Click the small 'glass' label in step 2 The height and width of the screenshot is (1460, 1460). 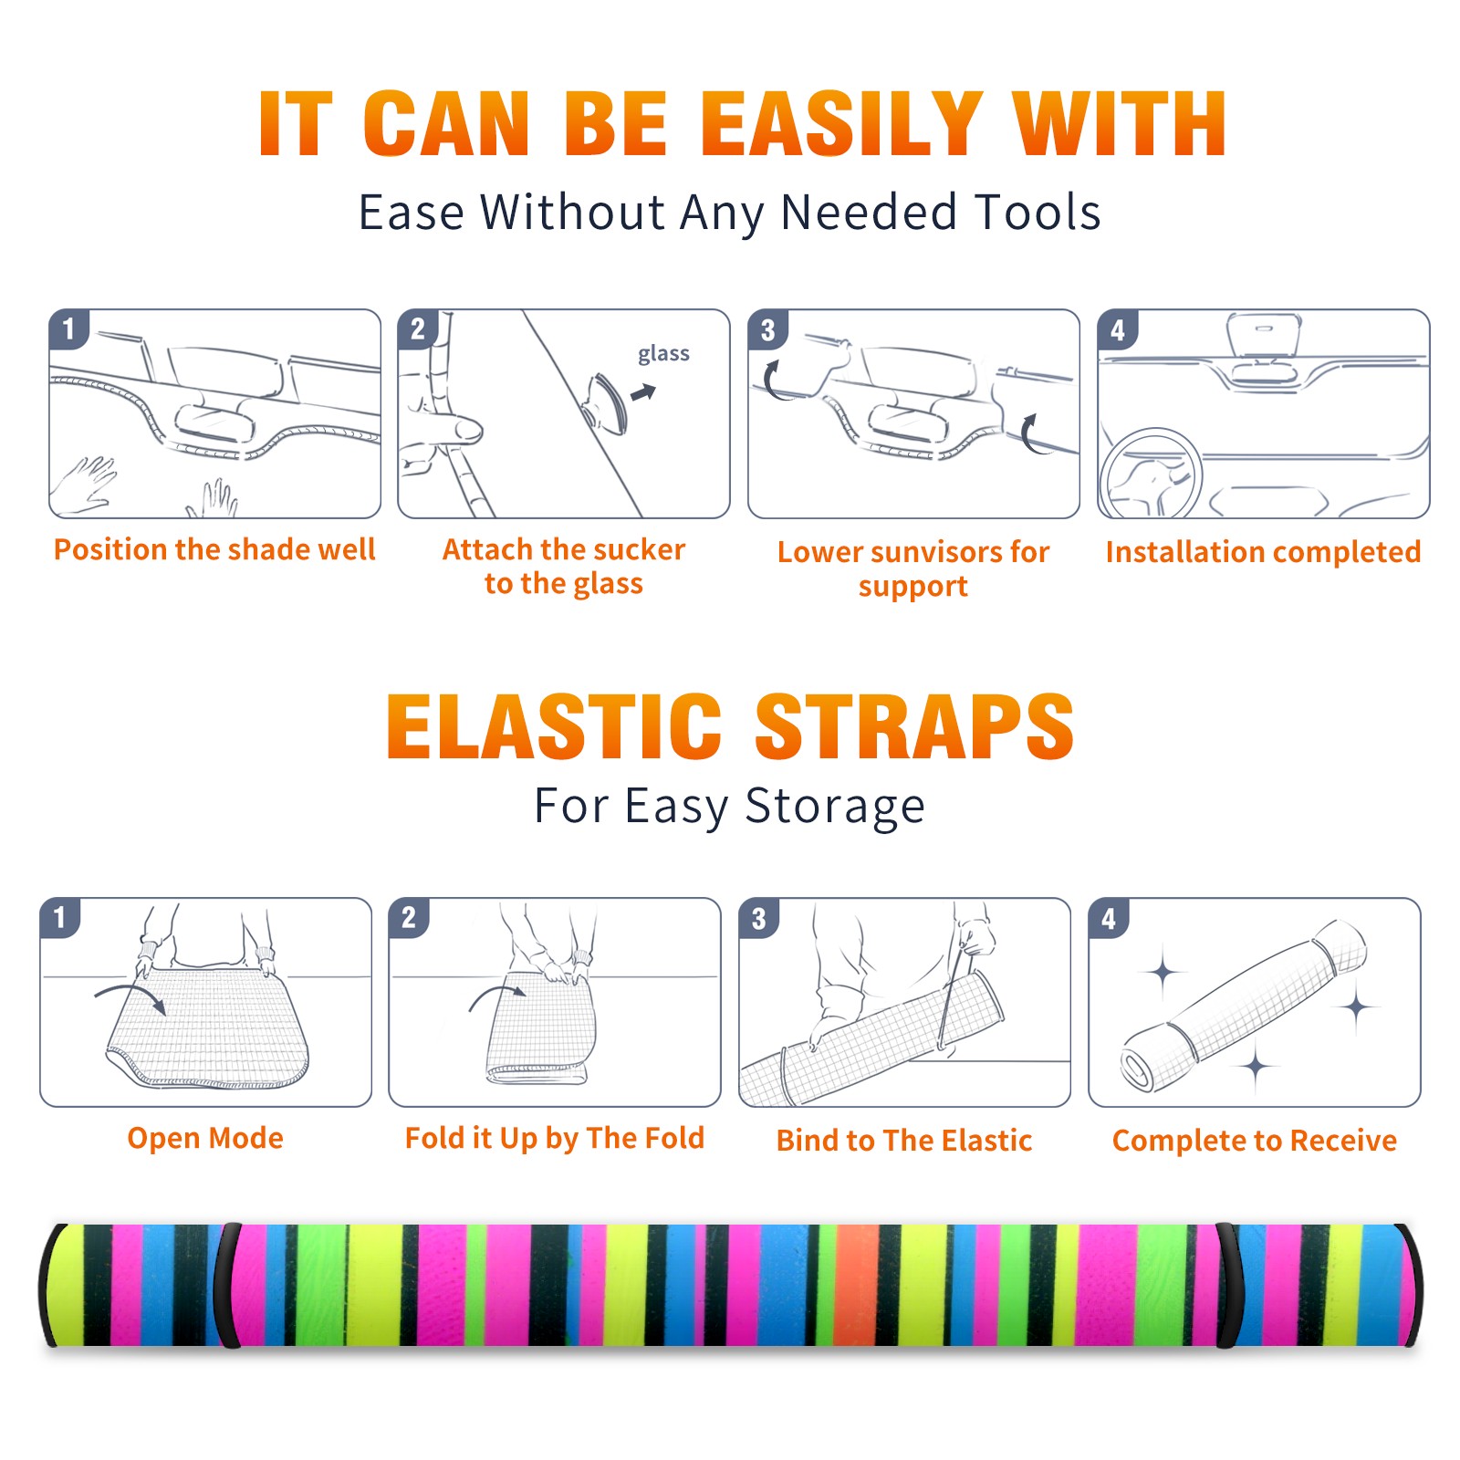[x=663, y=354]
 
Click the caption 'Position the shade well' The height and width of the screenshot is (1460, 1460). [x=214, y=549]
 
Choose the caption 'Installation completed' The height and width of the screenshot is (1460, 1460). [x=1263, y=552]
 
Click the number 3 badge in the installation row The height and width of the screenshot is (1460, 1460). [x=767, y=329]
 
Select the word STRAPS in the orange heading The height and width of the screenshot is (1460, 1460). [x=914, y=726]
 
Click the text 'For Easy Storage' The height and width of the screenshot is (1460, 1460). [x=729, y=806]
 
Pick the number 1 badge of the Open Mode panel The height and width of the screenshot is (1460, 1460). [x=60, y=917]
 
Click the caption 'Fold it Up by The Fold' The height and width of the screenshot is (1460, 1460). [x=555, y=1138]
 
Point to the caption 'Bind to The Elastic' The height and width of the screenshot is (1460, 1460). [x=904, y=1141]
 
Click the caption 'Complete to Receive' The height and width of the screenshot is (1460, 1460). [x=1255, y=1141]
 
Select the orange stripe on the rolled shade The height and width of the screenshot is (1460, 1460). [x=857, y=1285]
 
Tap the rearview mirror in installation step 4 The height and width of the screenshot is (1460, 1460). [x=1263, y=334]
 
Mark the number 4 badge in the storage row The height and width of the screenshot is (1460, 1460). [x=1109, y=918]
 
